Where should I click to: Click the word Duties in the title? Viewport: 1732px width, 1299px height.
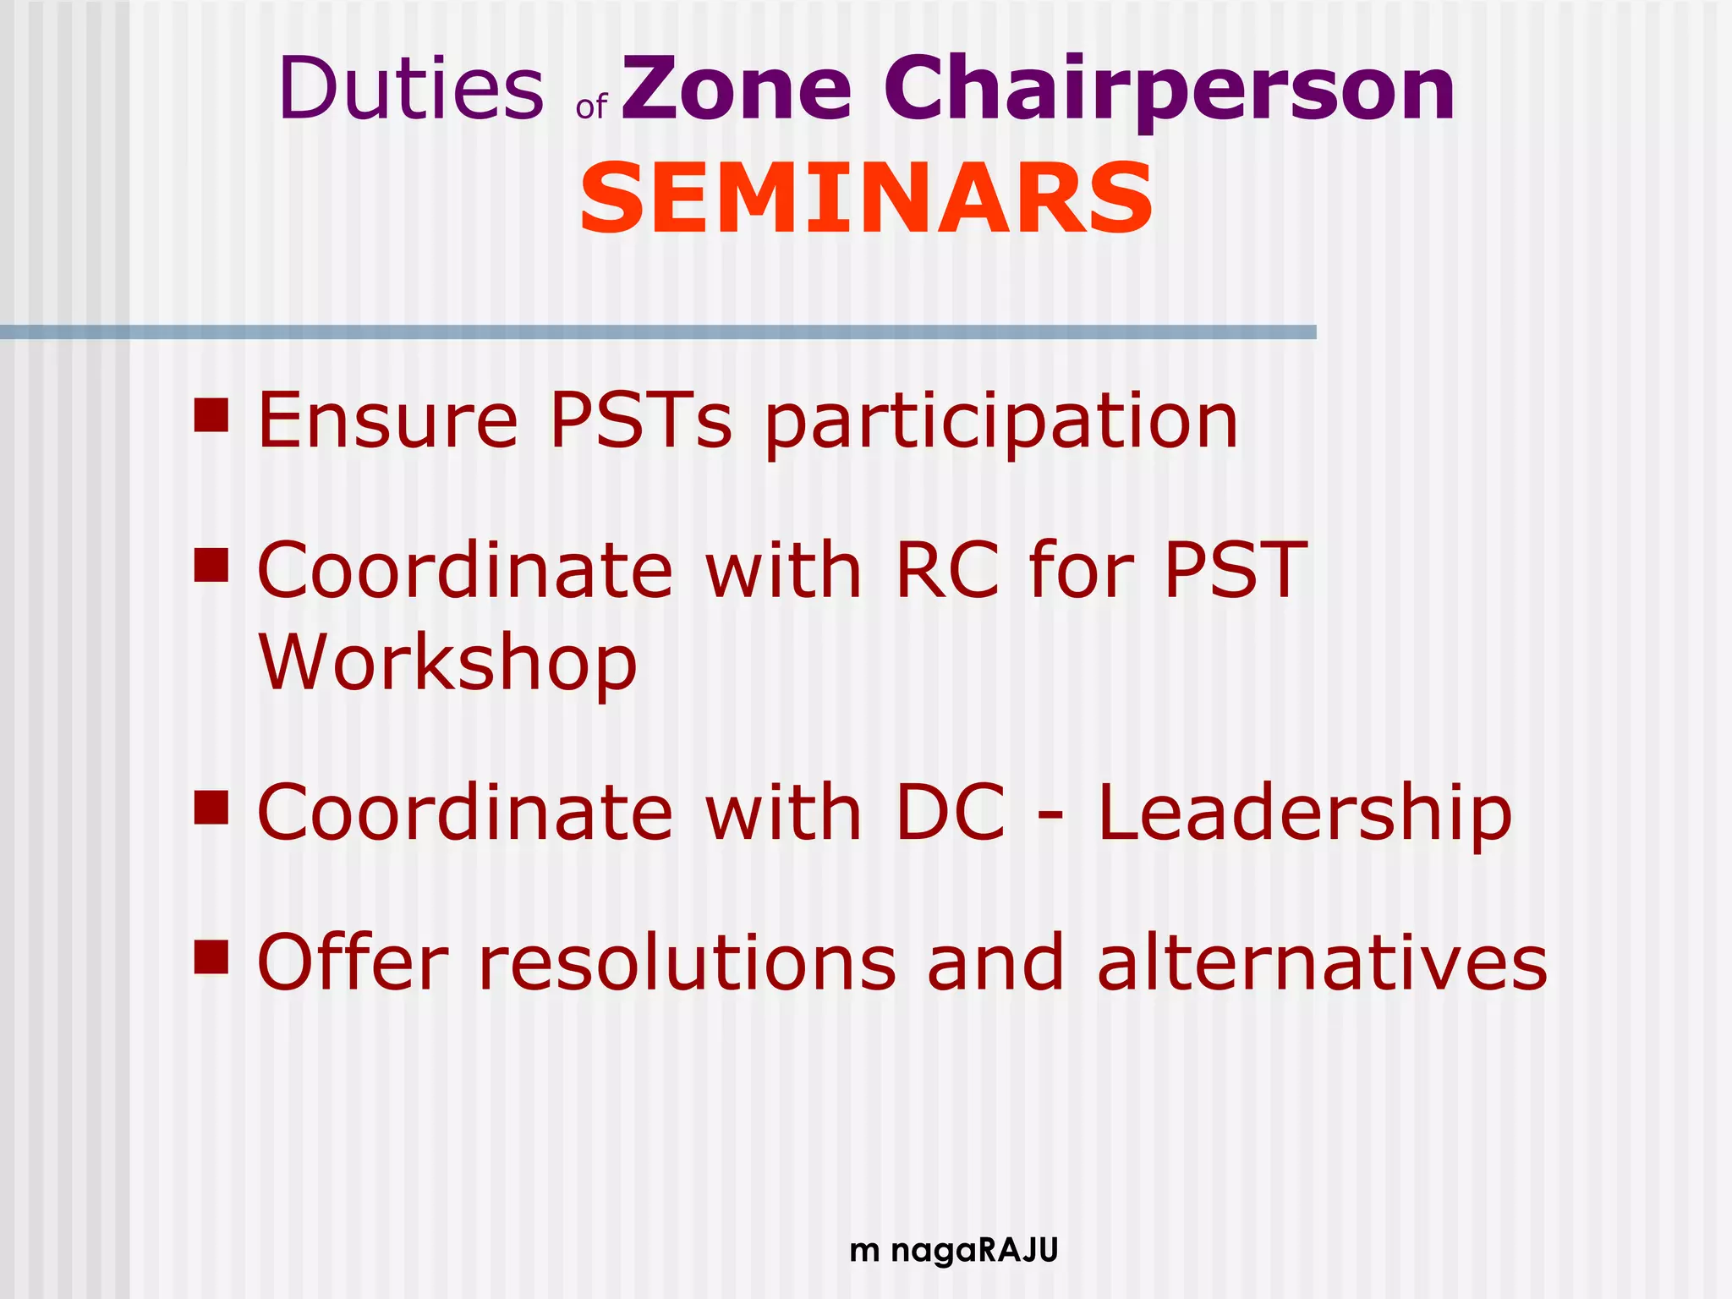tap(411, 88)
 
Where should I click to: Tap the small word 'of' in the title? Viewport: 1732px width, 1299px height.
tap(591, 107)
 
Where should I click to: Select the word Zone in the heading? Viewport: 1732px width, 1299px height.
tap(737, 88)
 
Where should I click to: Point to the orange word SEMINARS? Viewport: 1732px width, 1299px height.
tap(866, 199)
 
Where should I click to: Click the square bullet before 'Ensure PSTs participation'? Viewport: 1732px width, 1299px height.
tap(211, 415)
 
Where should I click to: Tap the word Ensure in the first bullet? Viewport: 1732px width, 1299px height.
tap(387, 420)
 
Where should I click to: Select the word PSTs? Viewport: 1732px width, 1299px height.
tap(640, 420)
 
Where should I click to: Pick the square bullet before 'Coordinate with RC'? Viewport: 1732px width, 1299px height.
tap(211, 566)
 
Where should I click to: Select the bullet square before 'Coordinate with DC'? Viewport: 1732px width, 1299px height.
tap(211, 808)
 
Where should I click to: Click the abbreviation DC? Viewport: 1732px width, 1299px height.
tap(951, 813)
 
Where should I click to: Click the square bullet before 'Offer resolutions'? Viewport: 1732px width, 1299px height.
tap(211, 957)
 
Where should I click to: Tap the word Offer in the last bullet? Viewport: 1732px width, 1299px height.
tap(352, 962)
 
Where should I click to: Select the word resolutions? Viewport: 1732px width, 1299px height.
tap(687, 962)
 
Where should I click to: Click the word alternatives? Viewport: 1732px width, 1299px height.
tap(1322, 962)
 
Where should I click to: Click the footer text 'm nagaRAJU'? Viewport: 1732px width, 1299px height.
tap(953, 1250)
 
